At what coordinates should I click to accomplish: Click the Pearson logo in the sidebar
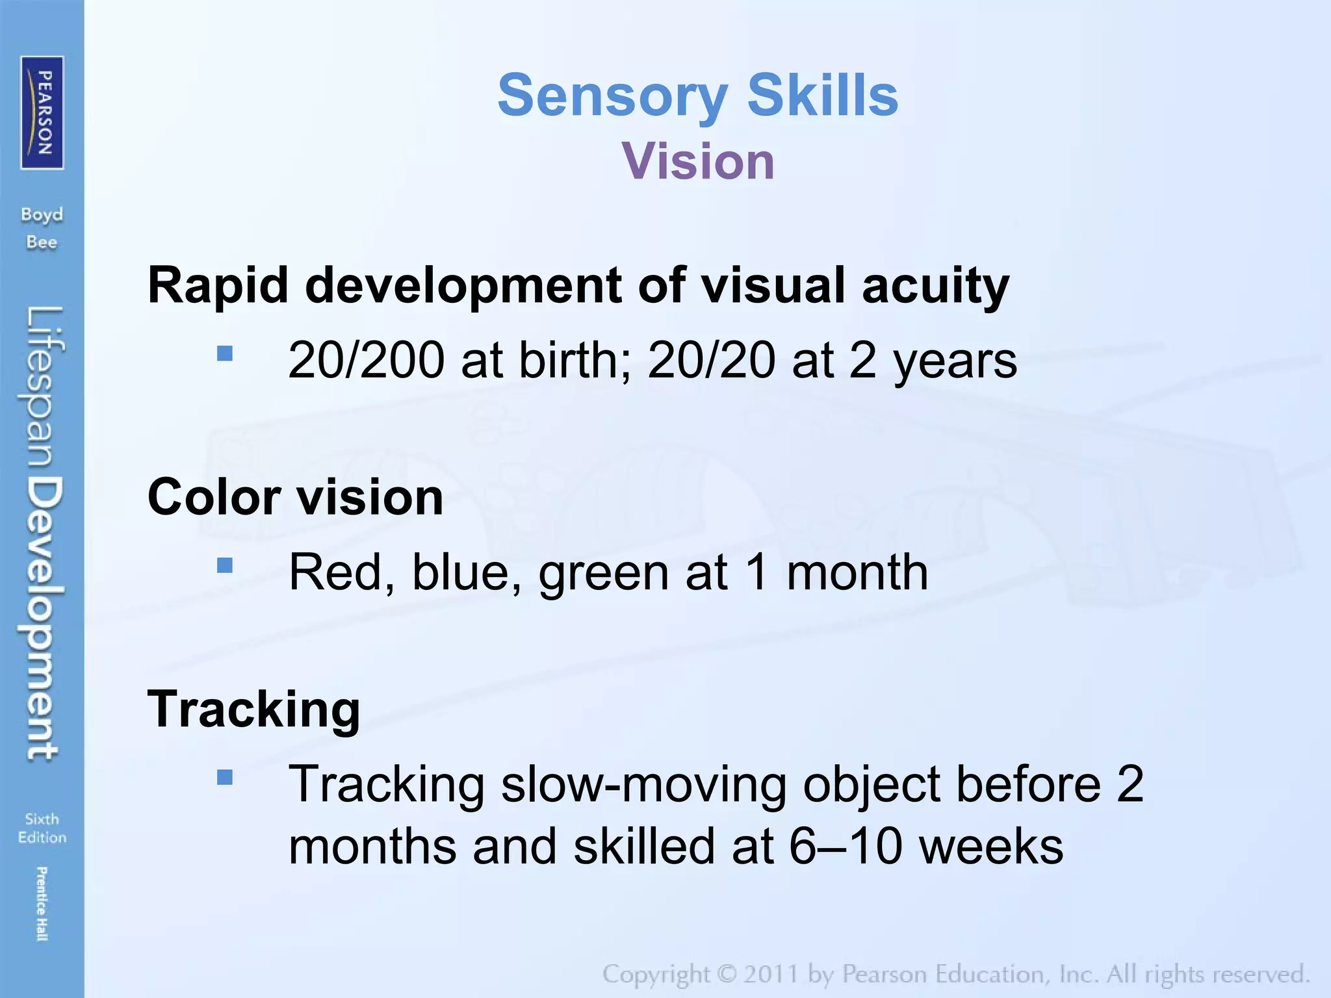pos(42,112)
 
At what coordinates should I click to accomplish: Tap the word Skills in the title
pos(822,96)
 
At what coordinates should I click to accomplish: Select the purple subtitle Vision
pos(698,161)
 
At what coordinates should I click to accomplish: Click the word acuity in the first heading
pos(935,286)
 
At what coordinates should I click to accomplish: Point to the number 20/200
pos(366,360)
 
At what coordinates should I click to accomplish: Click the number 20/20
pos(711,360)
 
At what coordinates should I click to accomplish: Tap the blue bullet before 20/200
pos(225,353)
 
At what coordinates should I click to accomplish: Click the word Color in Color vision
pos(214,497)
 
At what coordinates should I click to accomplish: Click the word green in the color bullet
pos(604,572)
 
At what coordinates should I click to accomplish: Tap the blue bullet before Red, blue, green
pos(225,565)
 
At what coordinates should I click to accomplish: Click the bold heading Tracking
pos(253,709)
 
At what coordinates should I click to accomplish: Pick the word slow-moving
pos(643,784)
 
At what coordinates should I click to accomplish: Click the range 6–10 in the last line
pos(846,847)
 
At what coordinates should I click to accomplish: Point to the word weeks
pos(992,847)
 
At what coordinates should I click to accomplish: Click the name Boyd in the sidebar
pos(42,214)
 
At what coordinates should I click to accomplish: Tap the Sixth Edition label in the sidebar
pos(42,828)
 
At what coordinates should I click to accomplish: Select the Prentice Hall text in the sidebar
pos(42,903)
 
